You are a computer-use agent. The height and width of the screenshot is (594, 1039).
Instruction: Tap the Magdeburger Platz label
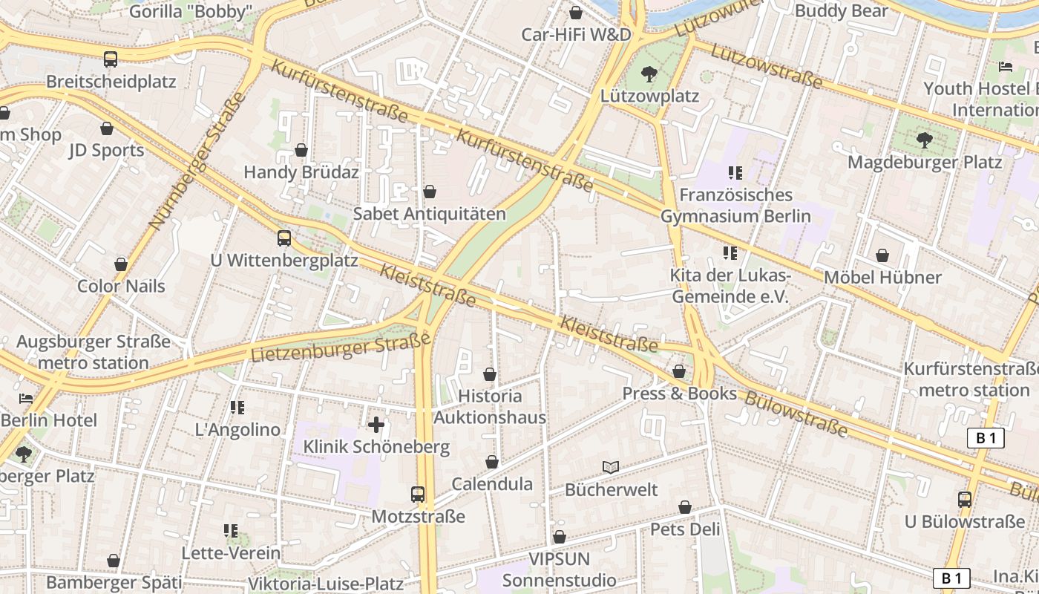pyautogui.click(x=925, y=162)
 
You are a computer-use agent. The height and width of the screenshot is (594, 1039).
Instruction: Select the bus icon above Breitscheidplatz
pyautogui.click(x=111, y=59)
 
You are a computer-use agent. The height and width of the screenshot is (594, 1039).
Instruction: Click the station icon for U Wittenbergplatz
pyautogui.click(x=284, y=238)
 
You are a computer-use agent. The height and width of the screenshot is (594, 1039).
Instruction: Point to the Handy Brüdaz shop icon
pyautogui.click(x=301, y=151)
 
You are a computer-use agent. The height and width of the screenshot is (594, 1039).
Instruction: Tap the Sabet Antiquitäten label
pyautogui.click(x=429, y=214)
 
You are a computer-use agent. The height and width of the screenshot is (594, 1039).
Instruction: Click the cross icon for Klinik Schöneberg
pyautogui.click(x=376, y=425)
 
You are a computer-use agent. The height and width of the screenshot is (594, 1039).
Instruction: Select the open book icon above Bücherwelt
pyautogui.click(x=611, y=467)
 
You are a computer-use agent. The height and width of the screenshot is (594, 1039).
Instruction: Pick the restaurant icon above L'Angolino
pyautogui.click(x=237, y=407)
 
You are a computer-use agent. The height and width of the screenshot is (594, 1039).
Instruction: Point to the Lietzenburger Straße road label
pyautogui.click(x=341, y=347)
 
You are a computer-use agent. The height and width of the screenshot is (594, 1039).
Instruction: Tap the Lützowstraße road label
pyautogui.click(x=767, y=65)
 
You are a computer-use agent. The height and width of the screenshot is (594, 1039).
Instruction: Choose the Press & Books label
pyautogui.click(x=679, y=394)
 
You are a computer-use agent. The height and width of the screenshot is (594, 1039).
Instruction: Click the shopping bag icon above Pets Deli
pyautogui.click(x=685, y=508)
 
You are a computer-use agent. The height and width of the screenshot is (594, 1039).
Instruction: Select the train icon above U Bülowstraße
pyautogui.click(x=964, y=500)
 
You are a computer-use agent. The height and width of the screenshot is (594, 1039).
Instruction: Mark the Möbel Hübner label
pyautogui.click(x=882, y=278)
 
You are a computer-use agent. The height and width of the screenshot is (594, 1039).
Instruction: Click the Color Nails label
pyautogui.click(x=121, y=286)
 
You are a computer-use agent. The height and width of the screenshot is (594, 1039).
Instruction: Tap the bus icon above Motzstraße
pyautogui.click(x=418, y=495)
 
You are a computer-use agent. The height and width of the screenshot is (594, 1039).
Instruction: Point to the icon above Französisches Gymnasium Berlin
pyautogui.click(x=735, y=173)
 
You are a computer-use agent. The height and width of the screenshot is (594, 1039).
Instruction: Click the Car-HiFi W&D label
pyautogui.click(x=576, y=34)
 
